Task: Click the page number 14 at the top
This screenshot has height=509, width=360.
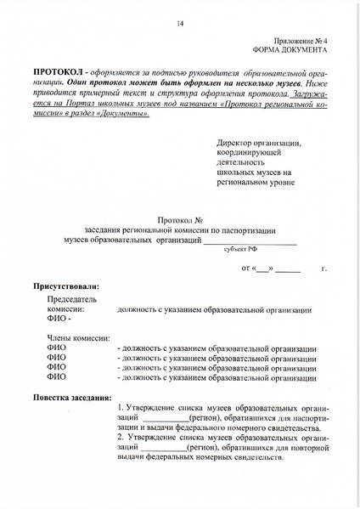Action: point(180,24)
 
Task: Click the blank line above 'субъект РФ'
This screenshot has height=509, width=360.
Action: point(250,242)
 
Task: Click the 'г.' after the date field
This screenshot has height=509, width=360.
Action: point(323,269)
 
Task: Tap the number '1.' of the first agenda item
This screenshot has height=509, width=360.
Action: point(121,409)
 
